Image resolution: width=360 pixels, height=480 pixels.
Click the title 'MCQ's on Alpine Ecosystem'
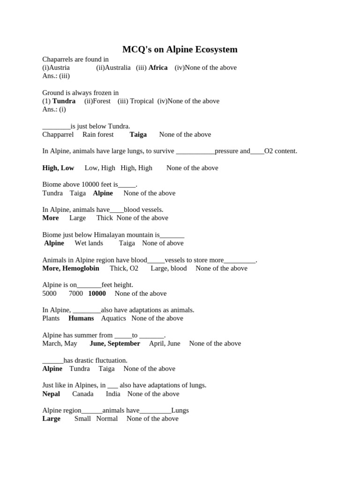[x=180, y=49]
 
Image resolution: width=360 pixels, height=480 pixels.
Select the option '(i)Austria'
[x=56, y=67]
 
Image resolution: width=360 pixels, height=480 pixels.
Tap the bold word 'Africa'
[x=158, y=67]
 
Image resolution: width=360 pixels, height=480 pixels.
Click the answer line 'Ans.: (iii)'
[x=56, y=76]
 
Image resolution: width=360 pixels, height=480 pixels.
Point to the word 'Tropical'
[x=142, y=101]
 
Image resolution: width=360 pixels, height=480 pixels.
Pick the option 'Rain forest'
[x=98, y=135]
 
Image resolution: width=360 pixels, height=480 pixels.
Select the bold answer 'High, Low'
[x=58, y=168]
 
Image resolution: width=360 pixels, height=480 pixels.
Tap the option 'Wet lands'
[x=89, y=243]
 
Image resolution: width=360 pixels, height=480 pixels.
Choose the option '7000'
[x=76, y=293]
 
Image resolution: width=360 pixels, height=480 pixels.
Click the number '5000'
[x=49, y=293]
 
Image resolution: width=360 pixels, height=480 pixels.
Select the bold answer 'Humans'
[x=81, y=318]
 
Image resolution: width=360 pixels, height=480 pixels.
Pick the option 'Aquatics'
[x=113, y=318]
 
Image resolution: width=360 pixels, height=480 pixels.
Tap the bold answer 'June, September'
[x=115, y=344]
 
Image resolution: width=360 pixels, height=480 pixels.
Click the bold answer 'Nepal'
[x=51, y=394]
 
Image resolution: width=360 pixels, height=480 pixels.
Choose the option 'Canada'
[x=83, y=394]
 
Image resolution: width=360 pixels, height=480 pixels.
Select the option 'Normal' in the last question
[x=107, y=419]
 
